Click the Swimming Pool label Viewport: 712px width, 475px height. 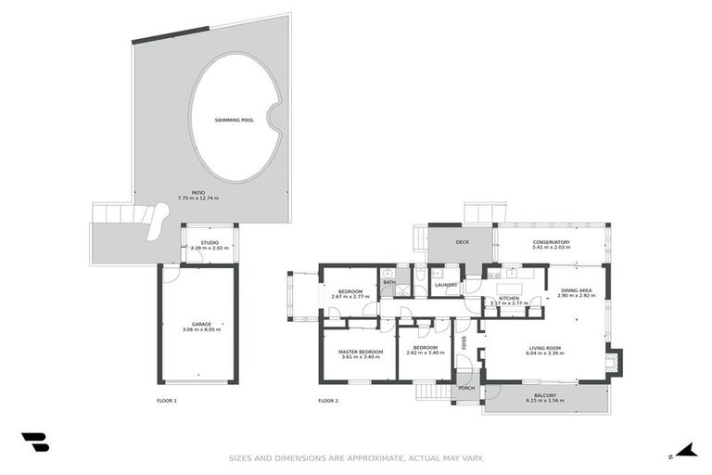(x=234, y=121)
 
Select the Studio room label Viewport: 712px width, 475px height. (x=210, y=243)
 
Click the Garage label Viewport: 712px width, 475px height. (x=201, y=324)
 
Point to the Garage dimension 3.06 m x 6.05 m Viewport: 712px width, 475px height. (x=201, y=329)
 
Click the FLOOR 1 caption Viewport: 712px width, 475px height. (x=167, y=401)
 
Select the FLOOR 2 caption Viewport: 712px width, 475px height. (x=328, y=401)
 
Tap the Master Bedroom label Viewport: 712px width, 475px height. (x=360, y=352)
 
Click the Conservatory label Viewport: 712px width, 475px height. (x=551, y=243)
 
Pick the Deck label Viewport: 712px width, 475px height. (x=463, y=243)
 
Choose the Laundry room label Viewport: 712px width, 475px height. (x=446, y=285)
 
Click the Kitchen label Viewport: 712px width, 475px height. (x=507, y=298)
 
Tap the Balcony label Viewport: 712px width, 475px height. (x=544, y=396)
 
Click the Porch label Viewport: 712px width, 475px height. (x=466, y=388)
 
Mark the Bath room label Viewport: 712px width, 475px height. (x=389, y=282)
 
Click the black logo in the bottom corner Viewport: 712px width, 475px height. (x=34, y=443)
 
